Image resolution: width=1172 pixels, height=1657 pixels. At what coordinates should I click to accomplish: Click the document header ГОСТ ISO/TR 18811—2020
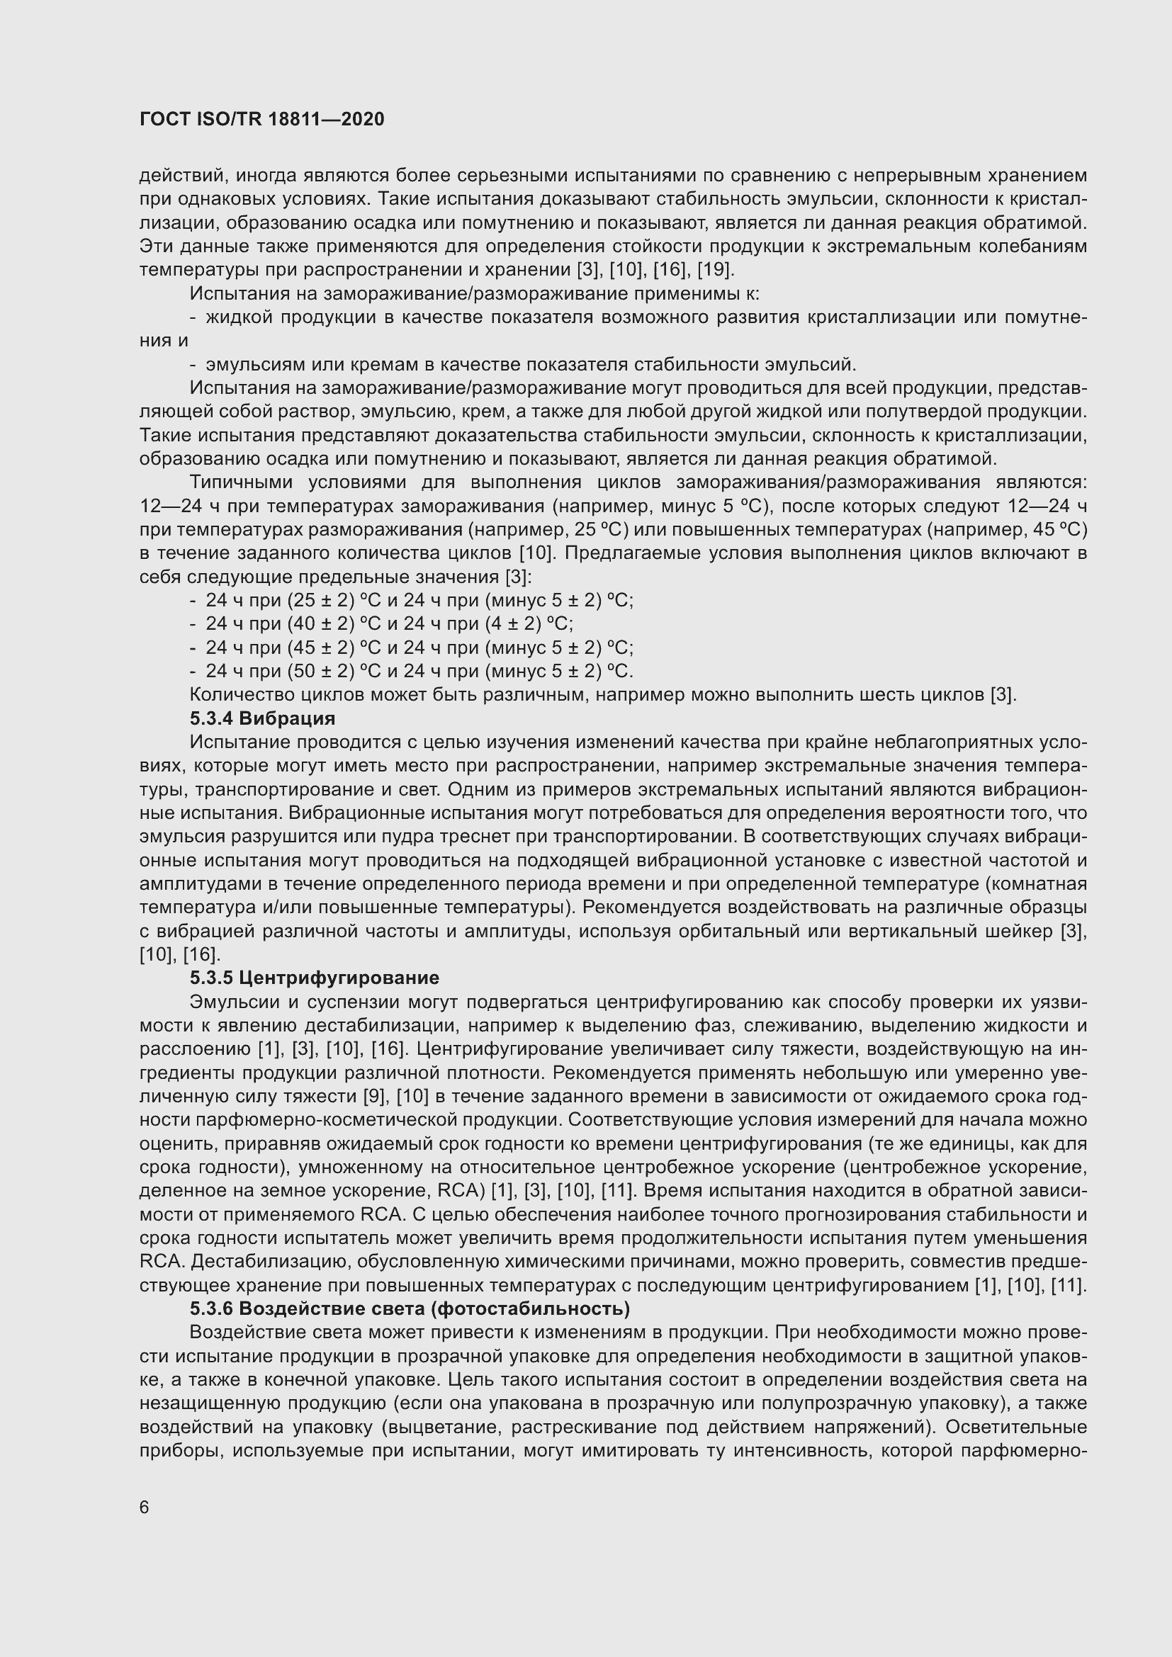(261, 120)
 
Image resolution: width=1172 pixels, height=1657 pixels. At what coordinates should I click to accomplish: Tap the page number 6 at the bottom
(145, 1508)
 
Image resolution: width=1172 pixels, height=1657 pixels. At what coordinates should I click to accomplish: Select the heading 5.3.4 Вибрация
(263, 718)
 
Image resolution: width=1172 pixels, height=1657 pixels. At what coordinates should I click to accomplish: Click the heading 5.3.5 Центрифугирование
(314, 978)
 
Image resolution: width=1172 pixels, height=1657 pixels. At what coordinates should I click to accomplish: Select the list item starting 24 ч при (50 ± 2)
(419, 671)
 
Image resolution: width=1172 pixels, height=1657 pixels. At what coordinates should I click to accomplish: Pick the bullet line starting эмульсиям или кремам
(531, 363)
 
